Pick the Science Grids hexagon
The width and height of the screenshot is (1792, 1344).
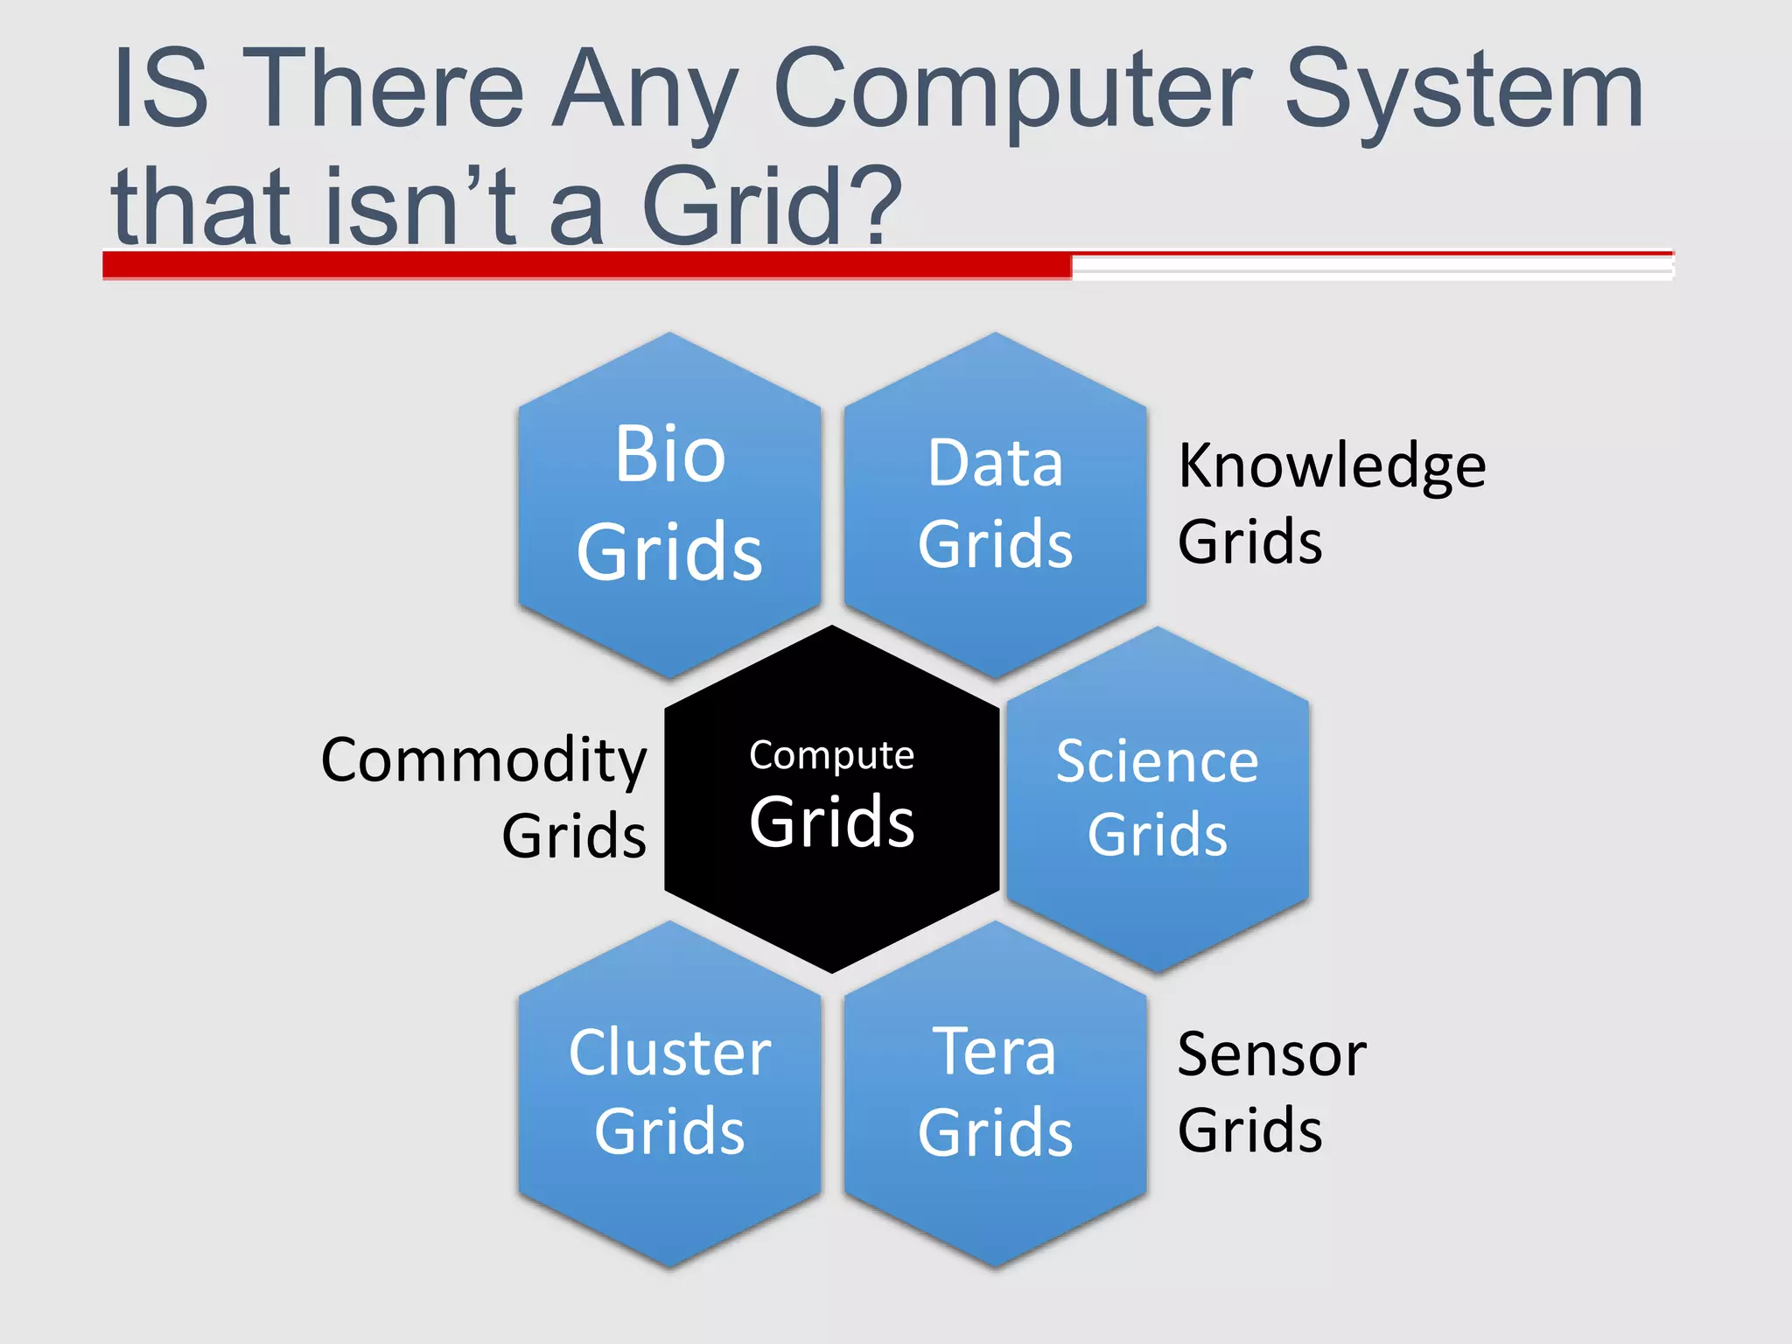[1158, 798]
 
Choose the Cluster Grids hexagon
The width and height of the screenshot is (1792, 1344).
[669, 1093]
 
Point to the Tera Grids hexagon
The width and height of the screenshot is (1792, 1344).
[995, 1093]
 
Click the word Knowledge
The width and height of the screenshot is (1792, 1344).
[1332, 466]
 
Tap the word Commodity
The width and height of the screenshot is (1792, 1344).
[484, 759]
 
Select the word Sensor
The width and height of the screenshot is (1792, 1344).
[1271, 1054]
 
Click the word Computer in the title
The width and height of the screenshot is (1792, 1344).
[1013, 91]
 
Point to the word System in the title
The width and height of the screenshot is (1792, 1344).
[1465, 91]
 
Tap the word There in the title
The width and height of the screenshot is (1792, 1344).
[383, 91]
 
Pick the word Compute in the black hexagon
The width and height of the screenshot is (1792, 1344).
[831, 755]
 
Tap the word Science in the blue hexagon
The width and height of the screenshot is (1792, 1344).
[1158, 761]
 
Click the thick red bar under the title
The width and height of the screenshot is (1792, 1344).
[586, 265]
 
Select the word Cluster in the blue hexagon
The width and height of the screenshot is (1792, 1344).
[669, 1053]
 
